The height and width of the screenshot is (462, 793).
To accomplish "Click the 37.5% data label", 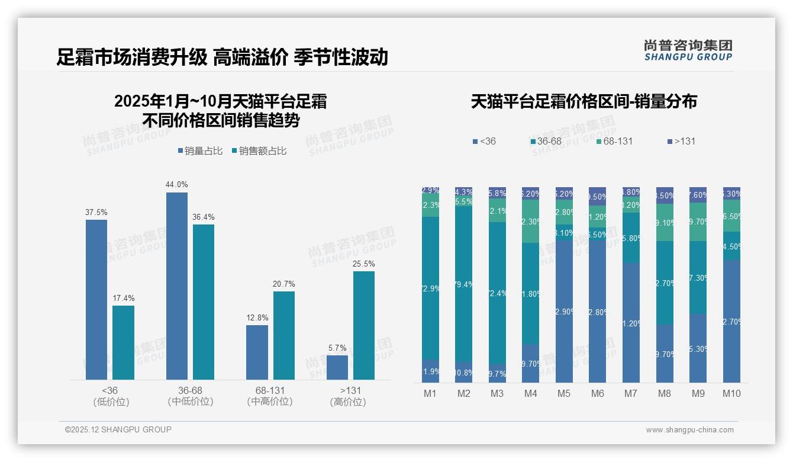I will coord(96,212).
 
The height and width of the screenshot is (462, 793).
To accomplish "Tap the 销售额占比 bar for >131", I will coord(364,325).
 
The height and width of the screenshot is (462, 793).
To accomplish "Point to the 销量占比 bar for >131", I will coord(337,367).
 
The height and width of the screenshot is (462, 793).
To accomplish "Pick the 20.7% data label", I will coord(283,284).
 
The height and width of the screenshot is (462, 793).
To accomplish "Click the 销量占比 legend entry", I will coord(200,151).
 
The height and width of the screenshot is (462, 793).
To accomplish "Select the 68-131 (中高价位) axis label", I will coord(270,396).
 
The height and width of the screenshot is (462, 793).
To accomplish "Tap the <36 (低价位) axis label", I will coord(110,396).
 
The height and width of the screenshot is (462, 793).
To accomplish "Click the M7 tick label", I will coord(631,393).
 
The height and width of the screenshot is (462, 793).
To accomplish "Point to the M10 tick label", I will coord(731,393).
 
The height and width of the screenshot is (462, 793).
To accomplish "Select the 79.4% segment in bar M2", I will coord(464,284).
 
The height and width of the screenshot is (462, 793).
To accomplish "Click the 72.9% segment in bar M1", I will coord(430,288).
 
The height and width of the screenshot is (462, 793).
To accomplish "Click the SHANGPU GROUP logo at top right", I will coord(688,50).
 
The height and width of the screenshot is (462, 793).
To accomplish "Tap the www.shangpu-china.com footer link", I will coord(689,430).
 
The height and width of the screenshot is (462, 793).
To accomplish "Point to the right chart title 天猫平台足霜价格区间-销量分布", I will coord(584,101).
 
